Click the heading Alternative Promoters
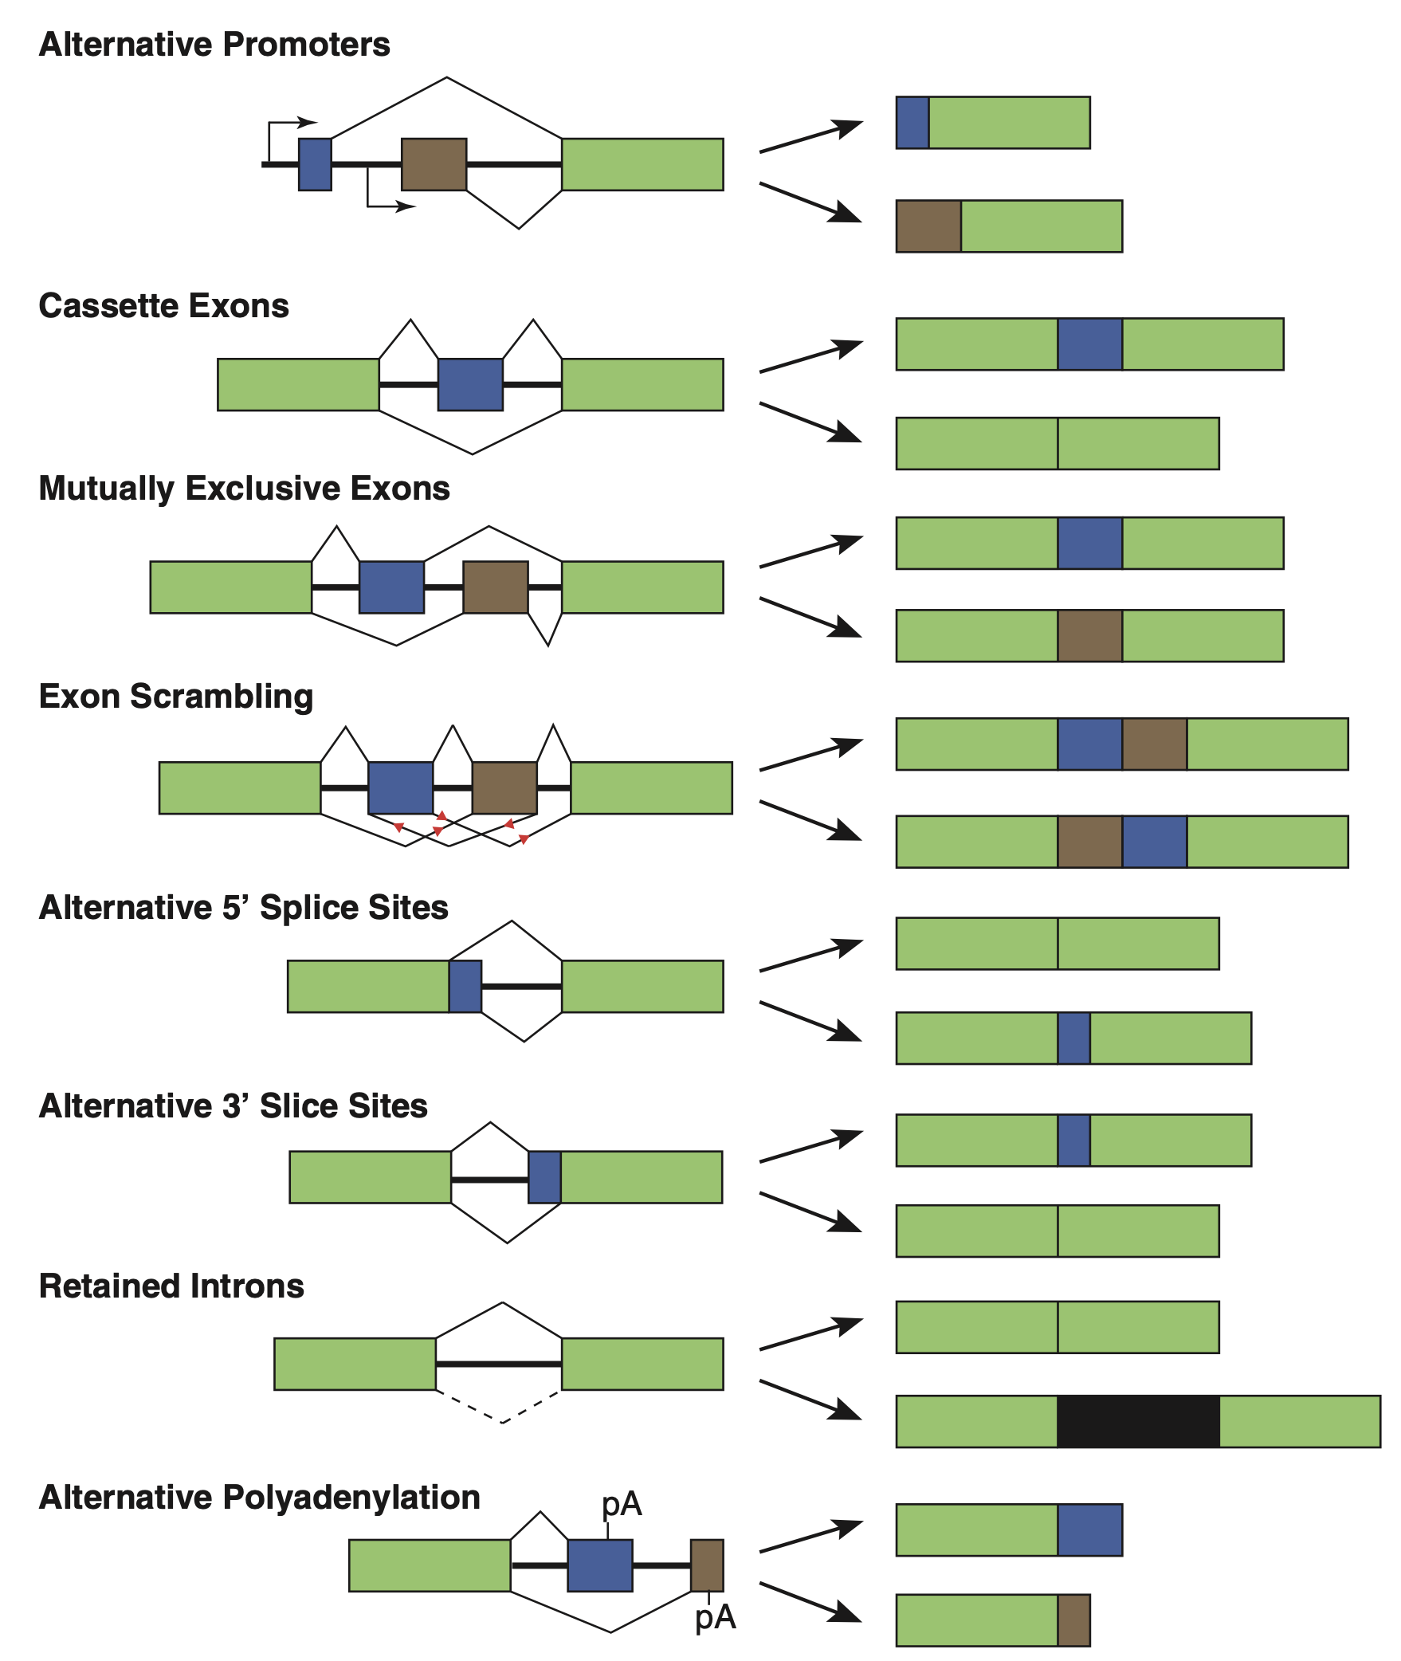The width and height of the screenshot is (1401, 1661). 214,45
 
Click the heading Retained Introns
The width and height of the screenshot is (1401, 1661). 171,1286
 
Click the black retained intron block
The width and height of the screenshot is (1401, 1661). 1137,1421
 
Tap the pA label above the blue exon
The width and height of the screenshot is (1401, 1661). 622,1504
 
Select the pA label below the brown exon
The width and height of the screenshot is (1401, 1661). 715,1617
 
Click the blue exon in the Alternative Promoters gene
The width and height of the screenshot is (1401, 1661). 315,164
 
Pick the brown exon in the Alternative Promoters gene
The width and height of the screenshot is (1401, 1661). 434,164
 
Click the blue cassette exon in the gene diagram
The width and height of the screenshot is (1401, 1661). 470,384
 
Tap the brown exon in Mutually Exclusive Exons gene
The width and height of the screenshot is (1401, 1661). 495,587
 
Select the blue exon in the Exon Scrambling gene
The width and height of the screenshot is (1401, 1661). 400,787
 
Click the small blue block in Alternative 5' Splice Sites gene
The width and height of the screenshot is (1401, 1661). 465,986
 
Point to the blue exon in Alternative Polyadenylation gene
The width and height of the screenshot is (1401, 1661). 599,1565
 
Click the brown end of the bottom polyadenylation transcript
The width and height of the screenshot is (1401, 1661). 1073,1620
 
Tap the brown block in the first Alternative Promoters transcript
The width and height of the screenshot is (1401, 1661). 928,226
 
